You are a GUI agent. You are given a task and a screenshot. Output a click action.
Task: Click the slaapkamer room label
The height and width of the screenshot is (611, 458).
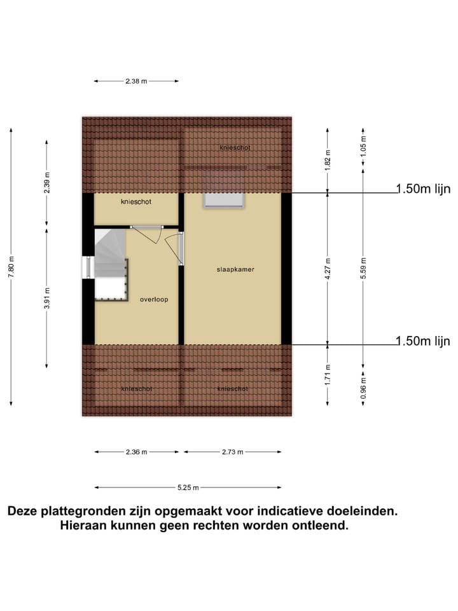point(235,270)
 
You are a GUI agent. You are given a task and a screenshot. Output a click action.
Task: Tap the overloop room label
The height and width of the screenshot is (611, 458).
point(154,299)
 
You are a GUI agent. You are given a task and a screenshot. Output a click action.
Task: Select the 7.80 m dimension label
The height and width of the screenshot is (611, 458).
point(11,266)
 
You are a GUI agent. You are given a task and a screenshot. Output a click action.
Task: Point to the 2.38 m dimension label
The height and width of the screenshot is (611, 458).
point(135,81)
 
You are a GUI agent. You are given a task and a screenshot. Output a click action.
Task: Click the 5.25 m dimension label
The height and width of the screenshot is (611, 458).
point(188,488)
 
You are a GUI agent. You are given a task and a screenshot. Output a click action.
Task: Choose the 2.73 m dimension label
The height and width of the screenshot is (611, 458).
point(233,452)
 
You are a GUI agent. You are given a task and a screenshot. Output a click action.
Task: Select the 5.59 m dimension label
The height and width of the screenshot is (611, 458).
point(363,268)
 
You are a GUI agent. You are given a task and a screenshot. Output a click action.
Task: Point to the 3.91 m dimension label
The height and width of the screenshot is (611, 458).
point(46,298)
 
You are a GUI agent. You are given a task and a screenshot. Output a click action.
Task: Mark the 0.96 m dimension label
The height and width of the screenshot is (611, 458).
point(363,388)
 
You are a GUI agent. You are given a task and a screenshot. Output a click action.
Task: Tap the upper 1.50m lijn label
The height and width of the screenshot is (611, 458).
point(423,188)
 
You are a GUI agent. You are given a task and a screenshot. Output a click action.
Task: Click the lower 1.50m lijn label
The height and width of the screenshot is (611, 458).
point(423,341)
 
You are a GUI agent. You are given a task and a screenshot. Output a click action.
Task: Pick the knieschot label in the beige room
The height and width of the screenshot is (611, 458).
point(136,202)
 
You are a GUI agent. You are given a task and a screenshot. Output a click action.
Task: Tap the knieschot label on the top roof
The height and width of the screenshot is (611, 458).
point(235,148)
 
